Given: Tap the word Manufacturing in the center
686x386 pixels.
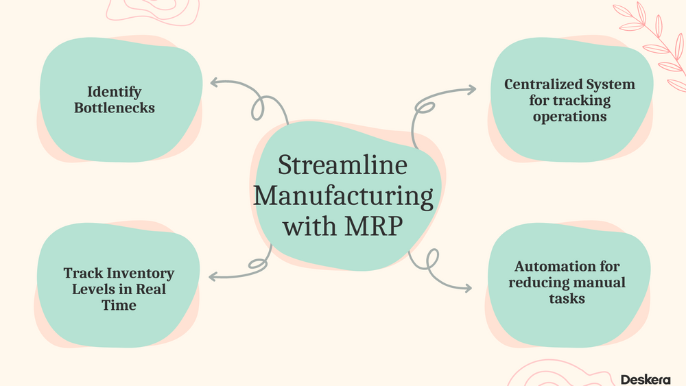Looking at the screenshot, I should coord(343,197).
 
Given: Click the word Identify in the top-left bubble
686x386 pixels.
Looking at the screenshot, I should coord(114,91).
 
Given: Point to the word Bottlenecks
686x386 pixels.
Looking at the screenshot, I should coord(114,108).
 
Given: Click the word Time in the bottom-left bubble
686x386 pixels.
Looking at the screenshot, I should coord(119,305).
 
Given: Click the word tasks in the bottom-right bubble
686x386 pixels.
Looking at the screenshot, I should coord(567,298).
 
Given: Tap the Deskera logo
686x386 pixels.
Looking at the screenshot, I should coord(645,379).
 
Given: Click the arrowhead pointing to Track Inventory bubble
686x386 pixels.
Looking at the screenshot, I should coord(212,277).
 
